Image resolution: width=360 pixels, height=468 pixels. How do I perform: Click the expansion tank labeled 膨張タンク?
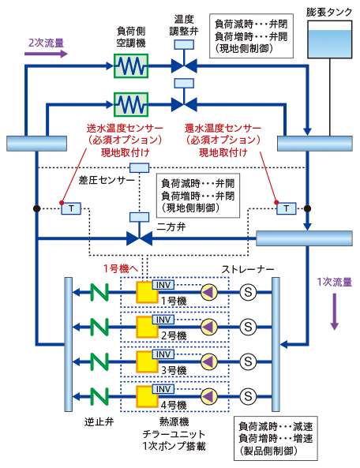pyautogui.click(x=330, y=39)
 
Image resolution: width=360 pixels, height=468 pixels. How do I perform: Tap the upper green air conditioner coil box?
pyautogui.click(x=131, y=66)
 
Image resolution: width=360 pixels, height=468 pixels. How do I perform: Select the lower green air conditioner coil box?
pyautogui.click(x=131, y=104)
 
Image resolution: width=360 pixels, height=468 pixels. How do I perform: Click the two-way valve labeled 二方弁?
pyautogui.click(x=140, y=238)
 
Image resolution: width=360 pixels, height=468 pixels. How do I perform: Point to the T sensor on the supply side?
pyautogui.click(x=71, y=208)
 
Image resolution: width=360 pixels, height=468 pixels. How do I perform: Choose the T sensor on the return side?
pyautogui.click(x=287, y=208)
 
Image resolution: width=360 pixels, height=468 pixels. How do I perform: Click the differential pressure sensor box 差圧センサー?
pyautogui.click(x=140, y=168)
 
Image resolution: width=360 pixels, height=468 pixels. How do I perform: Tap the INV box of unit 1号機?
pyautogui.click(x=163, y=285)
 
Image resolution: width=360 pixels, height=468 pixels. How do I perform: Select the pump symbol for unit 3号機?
pyautogui.click(x=209, y=361)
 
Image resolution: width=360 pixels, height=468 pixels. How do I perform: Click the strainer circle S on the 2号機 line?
pyautogui.click(x=248, y=327)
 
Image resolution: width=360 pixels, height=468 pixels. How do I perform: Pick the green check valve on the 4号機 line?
pyautogui.click(x=99, y=396)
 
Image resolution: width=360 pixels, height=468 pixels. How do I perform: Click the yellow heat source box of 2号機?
pyautogui.click(x=147, y=327)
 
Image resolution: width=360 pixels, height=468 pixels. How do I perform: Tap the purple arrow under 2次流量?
pyautogui.click(x=47, y=54)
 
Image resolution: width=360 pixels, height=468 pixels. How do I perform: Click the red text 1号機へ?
pyautogui.click(x=121, y=268)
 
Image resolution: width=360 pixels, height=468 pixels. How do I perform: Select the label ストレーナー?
pyautogui.click(x=248, y=269)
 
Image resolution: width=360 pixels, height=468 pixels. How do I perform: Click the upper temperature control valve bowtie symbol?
pyautogui.click(x=184, y=66)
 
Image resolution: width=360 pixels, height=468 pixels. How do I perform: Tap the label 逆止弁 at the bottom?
pyautogui.click(x=99, y=422)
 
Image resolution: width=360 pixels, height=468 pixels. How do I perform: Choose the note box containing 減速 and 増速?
pyautogui.click(x=276, y=439)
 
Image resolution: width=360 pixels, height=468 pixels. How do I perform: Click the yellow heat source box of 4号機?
pyautogui.click(x=147, y=397)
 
